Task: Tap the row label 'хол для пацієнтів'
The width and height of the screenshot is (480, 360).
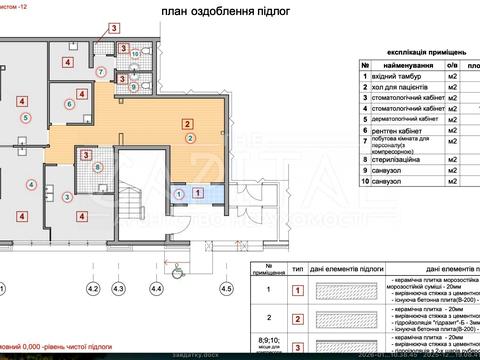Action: tap(400, 87)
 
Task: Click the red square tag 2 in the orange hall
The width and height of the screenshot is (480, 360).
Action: tap(187, 123)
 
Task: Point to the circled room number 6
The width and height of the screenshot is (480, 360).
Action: tap(69, 103)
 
